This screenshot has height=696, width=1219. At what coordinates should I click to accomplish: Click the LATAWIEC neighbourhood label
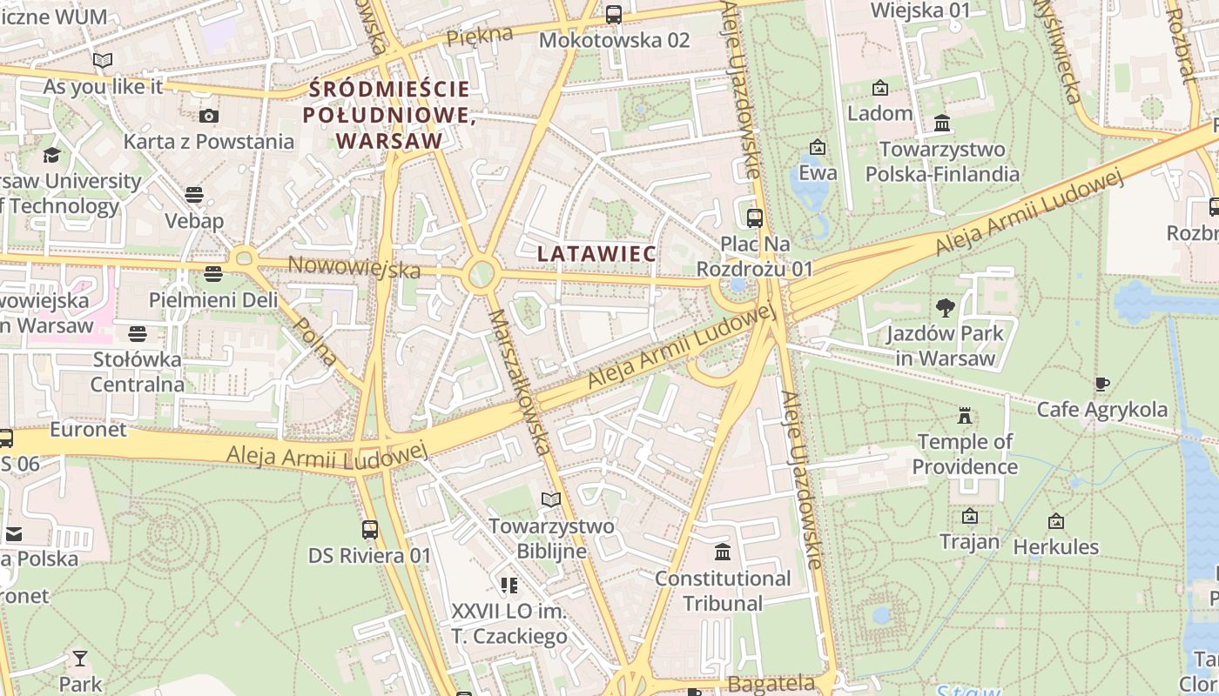pos(596,253)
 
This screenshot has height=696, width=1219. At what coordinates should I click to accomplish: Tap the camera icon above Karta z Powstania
pos(209,116)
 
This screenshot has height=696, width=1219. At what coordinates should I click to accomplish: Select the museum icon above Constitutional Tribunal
pos(722,552)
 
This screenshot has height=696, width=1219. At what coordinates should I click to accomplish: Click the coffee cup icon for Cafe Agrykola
pos(1102,384)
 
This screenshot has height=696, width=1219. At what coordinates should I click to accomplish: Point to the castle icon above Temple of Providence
pos(964,415)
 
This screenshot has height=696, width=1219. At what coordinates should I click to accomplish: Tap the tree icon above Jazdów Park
pos(945,307)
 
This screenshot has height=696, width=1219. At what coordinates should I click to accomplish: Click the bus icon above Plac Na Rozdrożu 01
pos(755,217)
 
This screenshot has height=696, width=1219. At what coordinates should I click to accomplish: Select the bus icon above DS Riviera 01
pos(370,529)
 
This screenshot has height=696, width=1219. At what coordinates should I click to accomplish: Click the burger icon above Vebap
pos(194,194)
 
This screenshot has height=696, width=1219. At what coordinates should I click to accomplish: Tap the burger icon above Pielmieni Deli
pos(213,274)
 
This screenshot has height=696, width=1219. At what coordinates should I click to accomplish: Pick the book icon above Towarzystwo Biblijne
pos(550,499)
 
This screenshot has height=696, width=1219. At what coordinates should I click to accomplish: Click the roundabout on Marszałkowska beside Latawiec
pos(480,276)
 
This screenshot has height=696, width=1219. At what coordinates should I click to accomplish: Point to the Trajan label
pos(969,542)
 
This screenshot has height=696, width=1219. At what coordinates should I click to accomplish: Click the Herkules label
pos(1055,547)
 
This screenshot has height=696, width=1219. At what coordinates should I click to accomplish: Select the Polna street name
pos(316,340)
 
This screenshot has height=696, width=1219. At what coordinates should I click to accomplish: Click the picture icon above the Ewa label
pos(817,147)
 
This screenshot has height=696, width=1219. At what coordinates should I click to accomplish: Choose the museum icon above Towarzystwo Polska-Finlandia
pos(941,124)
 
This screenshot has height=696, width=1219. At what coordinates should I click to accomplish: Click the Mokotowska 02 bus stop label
pos(614,40)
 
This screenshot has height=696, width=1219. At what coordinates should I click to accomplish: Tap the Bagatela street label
pos(771,684)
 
